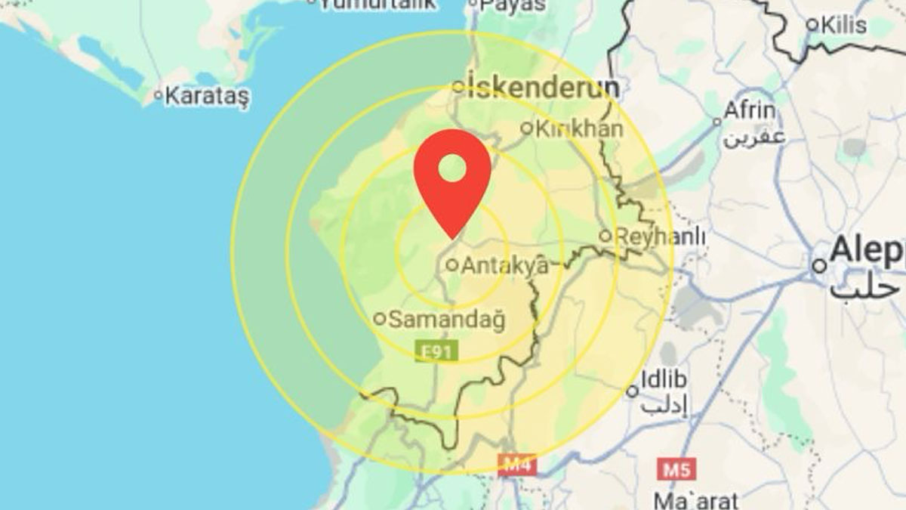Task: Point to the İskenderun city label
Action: pos(543,88)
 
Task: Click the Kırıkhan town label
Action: pos(579,128)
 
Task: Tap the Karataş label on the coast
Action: pos(206,96)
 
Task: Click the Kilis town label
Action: pos(844,24)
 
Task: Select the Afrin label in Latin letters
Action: pos(749,111)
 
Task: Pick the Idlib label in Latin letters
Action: pos(662,379)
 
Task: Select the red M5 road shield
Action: pos(676,469)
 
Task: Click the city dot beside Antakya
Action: pos(451,265)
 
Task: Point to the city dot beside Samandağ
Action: pos(381,319)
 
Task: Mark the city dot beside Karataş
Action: pos(158,95)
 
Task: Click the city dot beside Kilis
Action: pos(812,24)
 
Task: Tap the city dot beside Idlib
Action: pos(633,391)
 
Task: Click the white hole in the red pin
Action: pos(452,166)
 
